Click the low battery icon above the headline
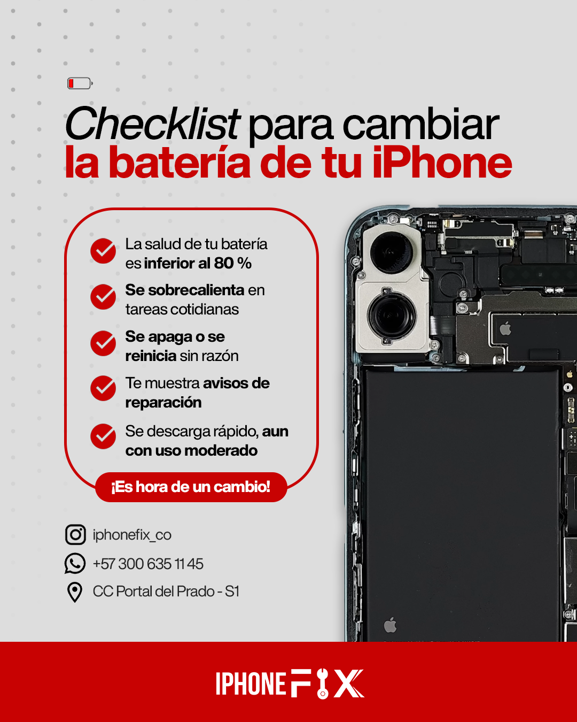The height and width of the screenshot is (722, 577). (80, 83)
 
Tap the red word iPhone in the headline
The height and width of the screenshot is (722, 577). (442, 163)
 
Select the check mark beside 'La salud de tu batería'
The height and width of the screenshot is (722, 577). (103, 251)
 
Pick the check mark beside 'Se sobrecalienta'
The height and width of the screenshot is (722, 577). (103, 297)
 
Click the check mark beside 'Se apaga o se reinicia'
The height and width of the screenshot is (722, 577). (103, 343)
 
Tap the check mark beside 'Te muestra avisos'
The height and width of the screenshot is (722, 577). (103, 388)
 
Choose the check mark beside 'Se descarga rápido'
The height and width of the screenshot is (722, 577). (103, 436)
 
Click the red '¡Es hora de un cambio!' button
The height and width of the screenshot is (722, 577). (191, 487)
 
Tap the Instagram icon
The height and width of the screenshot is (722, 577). (75, 535)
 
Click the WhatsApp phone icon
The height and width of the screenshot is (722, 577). (75, 563)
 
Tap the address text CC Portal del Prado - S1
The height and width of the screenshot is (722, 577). (166, 592)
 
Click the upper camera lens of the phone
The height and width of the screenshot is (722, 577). (391, 252)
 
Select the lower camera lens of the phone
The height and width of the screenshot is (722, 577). (391, 316)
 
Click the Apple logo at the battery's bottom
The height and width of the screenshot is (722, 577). (390, 624)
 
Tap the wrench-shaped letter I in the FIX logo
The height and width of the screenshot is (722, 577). (323, 683)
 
